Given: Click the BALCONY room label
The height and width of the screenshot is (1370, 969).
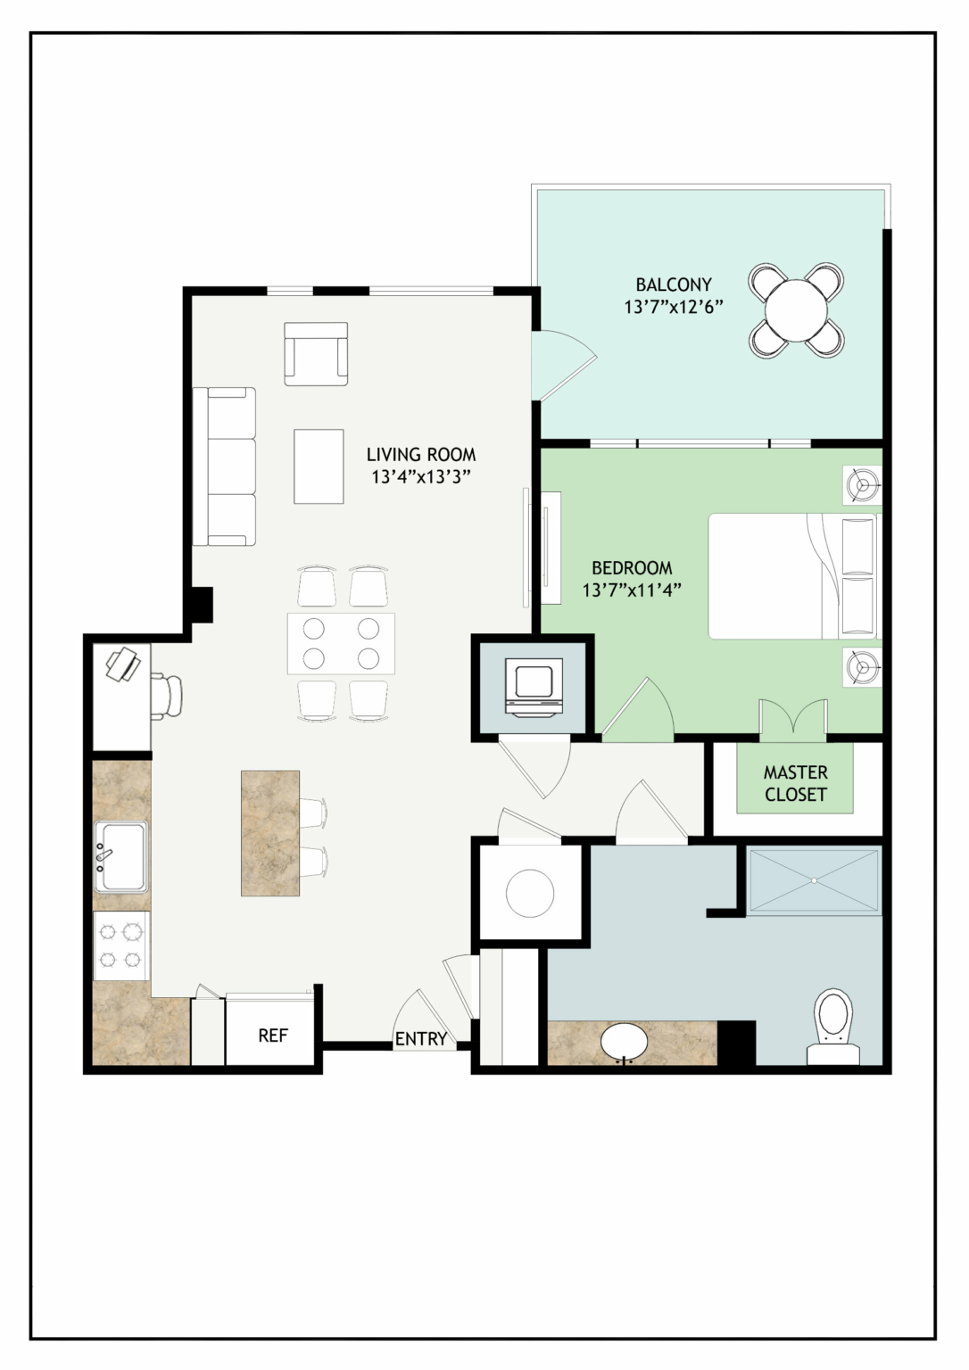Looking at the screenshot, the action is point(674,285).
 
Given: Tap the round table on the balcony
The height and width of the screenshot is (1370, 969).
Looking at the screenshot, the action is point(795,309).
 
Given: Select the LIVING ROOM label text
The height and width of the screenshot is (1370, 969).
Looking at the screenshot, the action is point(421,454).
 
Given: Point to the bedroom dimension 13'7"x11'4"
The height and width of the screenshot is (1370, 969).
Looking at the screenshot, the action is point(632,590).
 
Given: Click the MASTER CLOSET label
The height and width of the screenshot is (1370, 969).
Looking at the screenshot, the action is point(795,783).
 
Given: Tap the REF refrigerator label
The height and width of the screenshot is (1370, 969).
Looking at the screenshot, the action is point(273,1035).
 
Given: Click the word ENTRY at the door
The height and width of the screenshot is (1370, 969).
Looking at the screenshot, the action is point(421,1038).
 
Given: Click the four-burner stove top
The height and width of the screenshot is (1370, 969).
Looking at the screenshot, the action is point(121,945).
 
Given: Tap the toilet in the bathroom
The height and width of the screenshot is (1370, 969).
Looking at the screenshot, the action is point(833,1030).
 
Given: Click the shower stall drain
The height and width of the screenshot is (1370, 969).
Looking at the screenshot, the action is point(815,880).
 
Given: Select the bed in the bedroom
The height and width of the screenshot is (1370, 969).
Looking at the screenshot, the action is point(793,576).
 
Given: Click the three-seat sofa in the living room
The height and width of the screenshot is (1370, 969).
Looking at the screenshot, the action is point(225,466).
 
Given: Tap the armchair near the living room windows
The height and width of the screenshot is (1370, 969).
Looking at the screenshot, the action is point(316,354).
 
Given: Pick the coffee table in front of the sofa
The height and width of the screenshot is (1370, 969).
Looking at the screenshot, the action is point(319,466).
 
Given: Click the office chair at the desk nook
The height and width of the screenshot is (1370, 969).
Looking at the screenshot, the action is point(167,696).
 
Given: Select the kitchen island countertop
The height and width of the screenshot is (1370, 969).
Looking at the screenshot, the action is point(270,833).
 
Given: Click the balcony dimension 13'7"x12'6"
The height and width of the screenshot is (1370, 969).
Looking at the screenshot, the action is point(674,307).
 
